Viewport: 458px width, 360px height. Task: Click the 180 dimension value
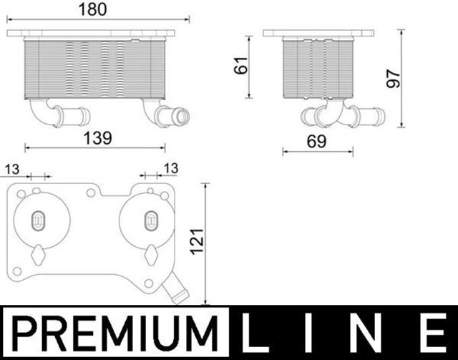pos(93,9)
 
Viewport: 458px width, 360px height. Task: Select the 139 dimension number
pos(97,138)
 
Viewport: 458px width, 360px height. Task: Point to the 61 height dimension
pos(241,65)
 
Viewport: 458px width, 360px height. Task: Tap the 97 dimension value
pos(394,78)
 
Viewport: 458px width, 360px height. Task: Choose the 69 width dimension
pos(316,142)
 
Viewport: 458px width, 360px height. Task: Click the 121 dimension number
pos(198,242)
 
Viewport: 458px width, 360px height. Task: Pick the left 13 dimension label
pos(12,170)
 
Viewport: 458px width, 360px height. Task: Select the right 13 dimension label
pos(171,169)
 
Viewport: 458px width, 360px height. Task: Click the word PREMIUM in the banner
pos(114,334)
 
